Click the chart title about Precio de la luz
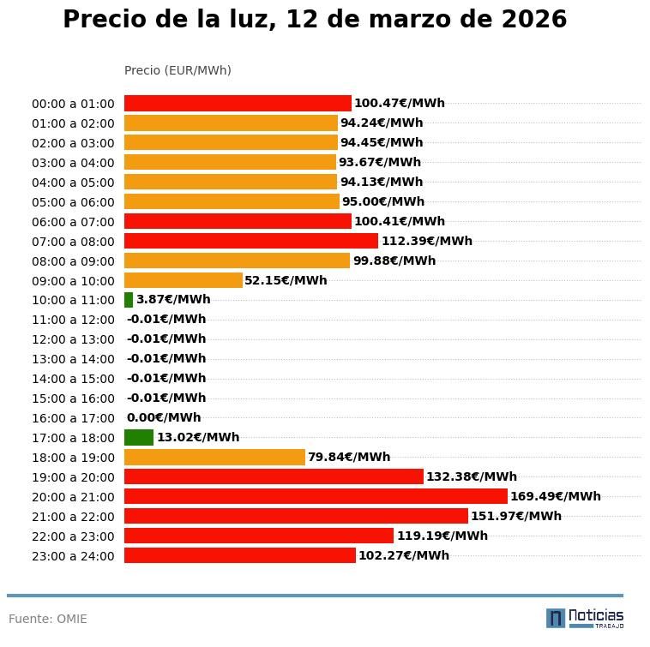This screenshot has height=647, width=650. click(x=315, y=20)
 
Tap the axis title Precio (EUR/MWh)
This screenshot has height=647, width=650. click(x=178, y=70)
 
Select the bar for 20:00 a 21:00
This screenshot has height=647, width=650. click(x=316, y=496)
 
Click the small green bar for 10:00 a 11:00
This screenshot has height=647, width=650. click(x=129, y=300)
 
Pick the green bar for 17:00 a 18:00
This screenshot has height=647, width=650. click(x=139, y=437)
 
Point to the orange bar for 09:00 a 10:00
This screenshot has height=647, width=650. click(x=184, y=280)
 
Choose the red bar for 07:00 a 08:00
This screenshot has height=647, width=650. click(x=251, y=241)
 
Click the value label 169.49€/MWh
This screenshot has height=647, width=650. click(x=555, y=496)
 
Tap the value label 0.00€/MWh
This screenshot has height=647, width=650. click(x=164, y=417)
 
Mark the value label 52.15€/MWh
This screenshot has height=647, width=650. click(x=286, y=280)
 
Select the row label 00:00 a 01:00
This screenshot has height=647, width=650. click(x=73, y=104)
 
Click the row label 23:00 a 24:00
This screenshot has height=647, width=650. click(x=73, y=556)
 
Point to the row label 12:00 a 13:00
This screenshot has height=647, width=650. click(x=73, y=339)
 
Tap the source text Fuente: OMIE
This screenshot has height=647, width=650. click(x=48, y=619)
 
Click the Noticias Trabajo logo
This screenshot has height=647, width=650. click(x=585, y=618)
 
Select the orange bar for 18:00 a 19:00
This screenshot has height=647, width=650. click(x=214, y=457)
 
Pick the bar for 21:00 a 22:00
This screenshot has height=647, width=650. click(x=296, y=516)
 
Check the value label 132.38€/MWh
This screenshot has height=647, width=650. click(x=472, y=476)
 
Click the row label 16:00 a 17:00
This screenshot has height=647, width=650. click(x=73, y=418)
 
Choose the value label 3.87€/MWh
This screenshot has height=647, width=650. click(x=173, y=299)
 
